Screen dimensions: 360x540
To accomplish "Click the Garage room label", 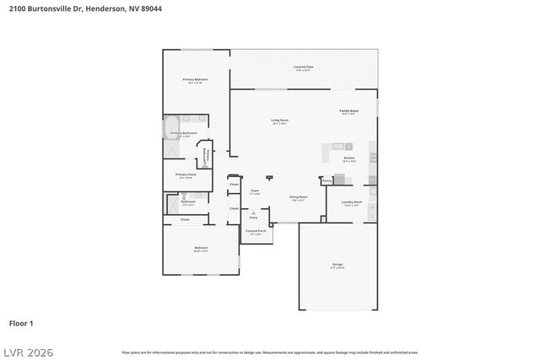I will click(x=337, y=264).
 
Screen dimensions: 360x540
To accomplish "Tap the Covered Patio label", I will click(x=304, y=66).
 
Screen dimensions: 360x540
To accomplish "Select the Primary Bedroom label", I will click(x=196, y=79).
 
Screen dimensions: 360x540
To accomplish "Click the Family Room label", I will click(x=349, y=111).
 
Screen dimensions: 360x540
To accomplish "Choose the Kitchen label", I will click(x=349, y=158).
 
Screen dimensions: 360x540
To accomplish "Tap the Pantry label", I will click(x=327, y=180).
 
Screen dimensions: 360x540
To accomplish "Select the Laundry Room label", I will click(x=352, y=202).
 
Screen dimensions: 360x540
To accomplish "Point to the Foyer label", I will click(x=254, y=191).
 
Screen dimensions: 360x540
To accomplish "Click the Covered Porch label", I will click(x=256, y=230).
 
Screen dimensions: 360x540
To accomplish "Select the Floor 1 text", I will click(x=21, y=323).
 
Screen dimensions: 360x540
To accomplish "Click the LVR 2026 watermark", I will click(x=27, y=351).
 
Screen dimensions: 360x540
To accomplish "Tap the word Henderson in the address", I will click(x=102, y=8).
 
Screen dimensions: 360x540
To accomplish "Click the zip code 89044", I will click(x=150, y=8).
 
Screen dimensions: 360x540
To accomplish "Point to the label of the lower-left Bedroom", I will click(x=201, y=248).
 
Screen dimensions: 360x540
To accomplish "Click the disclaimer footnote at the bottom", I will click(x=270, y=352).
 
